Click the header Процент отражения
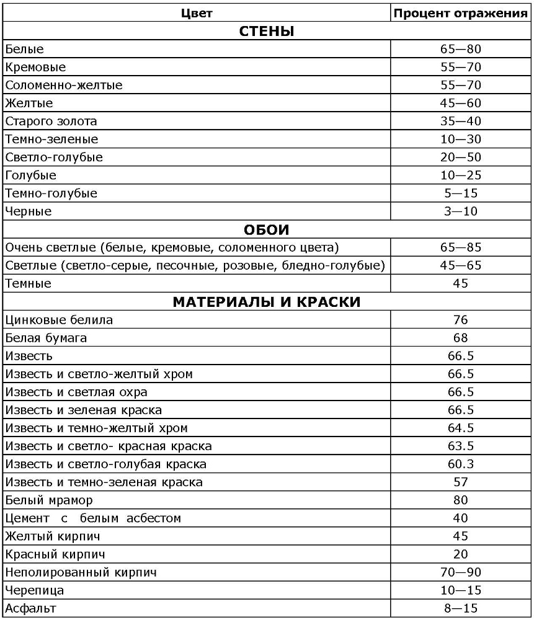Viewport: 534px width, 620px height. point(461,13)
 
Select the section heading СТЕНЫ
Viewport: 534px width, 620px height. point(266,32)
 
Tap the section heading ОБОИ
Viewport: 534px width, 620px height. point(266,229)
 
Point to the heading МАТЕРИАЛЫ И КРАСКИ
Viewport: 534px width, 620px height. point(266,302)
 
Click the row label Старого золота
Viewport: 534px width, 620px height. point(51,122)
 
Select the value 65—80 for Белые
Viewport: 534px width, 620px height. point(460,49)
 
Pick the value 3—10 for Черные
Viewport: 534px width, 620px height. point(460,211)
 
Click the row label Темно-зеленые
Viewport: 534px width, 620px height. point(51,139)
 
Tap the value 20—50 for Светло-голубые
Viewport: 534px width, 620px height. point(460,157)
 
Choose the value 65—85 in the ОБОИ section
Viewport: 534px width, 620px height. point(460,248)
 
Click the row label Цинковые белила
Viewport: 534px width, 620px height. point(59,321)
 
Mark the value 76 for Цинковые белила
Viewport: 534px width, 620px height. point(460,321)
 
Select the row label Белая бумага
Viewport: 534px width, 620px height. point(46,339)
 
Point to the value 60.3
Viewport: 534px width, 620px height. point(460,464)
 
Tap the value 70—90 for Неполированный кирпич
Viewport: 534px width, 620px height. point(460,572)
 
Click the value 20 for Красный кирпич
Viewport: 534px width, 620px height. point(460,554)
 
